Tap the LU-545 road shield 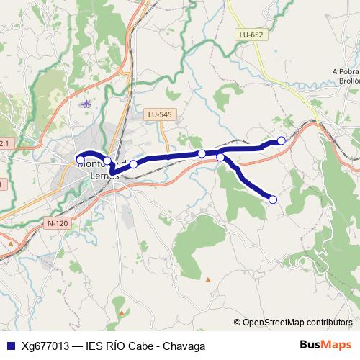click(159, 114)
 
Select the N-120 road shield click(58, 223)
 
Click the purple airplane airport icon click(86, 103)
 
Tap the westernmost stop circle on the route click(81, 160)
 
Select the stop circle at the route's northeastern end click(282, 140)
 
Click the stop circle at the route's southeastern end click(273, 199)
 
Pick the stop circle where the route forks click(220, 157)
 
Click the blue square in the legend click(10, 346)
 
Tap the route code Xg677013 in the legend click(45, 346)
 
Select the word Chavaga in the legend click(186, 346)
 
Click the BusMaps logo click(325, 345)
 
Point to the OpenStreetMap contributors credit click(297, 323)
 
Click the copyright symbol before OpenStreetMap click(237, 323)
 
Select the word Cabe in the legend click(142, 346)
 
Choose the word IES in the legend click(95, 346)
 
